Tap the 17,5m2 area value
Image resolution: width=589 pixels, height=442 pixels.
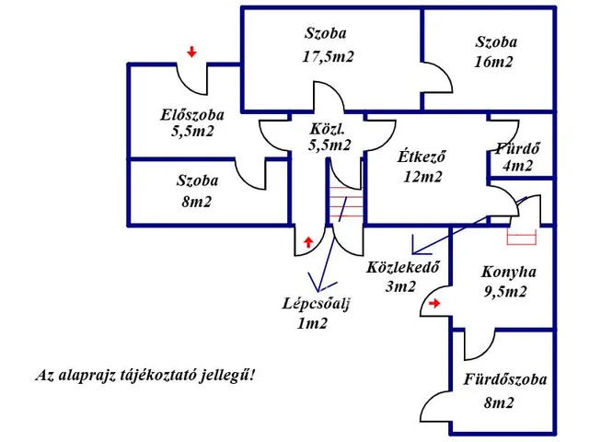(329, 55)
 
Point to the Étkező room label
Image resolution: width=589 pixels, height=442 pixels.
(422, 157)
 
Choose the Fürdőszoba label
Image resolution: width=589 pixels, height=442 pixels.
(505, 379)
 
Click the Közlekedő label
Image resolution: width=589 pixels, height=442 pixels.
(401, 268)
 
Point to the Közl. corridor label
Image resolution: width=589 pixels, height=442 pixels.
(329, 130)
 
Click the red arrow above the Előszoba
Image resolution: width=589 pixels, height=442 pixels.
(191, 52)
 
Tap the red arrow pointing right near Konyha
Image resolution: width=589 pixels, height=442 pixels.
(435, 300)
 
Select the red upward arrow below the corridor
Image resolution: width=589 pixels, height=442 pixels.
(307, 241)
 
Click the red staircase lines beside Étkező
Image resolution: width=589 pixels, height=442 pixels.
(346, 202)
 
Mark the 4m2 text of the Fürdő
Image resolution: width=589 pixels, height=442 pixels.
(517, 167)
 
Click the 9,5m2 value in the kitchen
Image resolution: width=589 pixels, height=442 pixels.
(505, 293)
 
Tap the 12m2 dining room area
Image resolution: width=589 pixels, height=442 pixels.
(422, 177)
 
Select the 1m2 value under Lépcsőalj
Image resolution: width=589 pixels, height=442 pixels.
(314, 324)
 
